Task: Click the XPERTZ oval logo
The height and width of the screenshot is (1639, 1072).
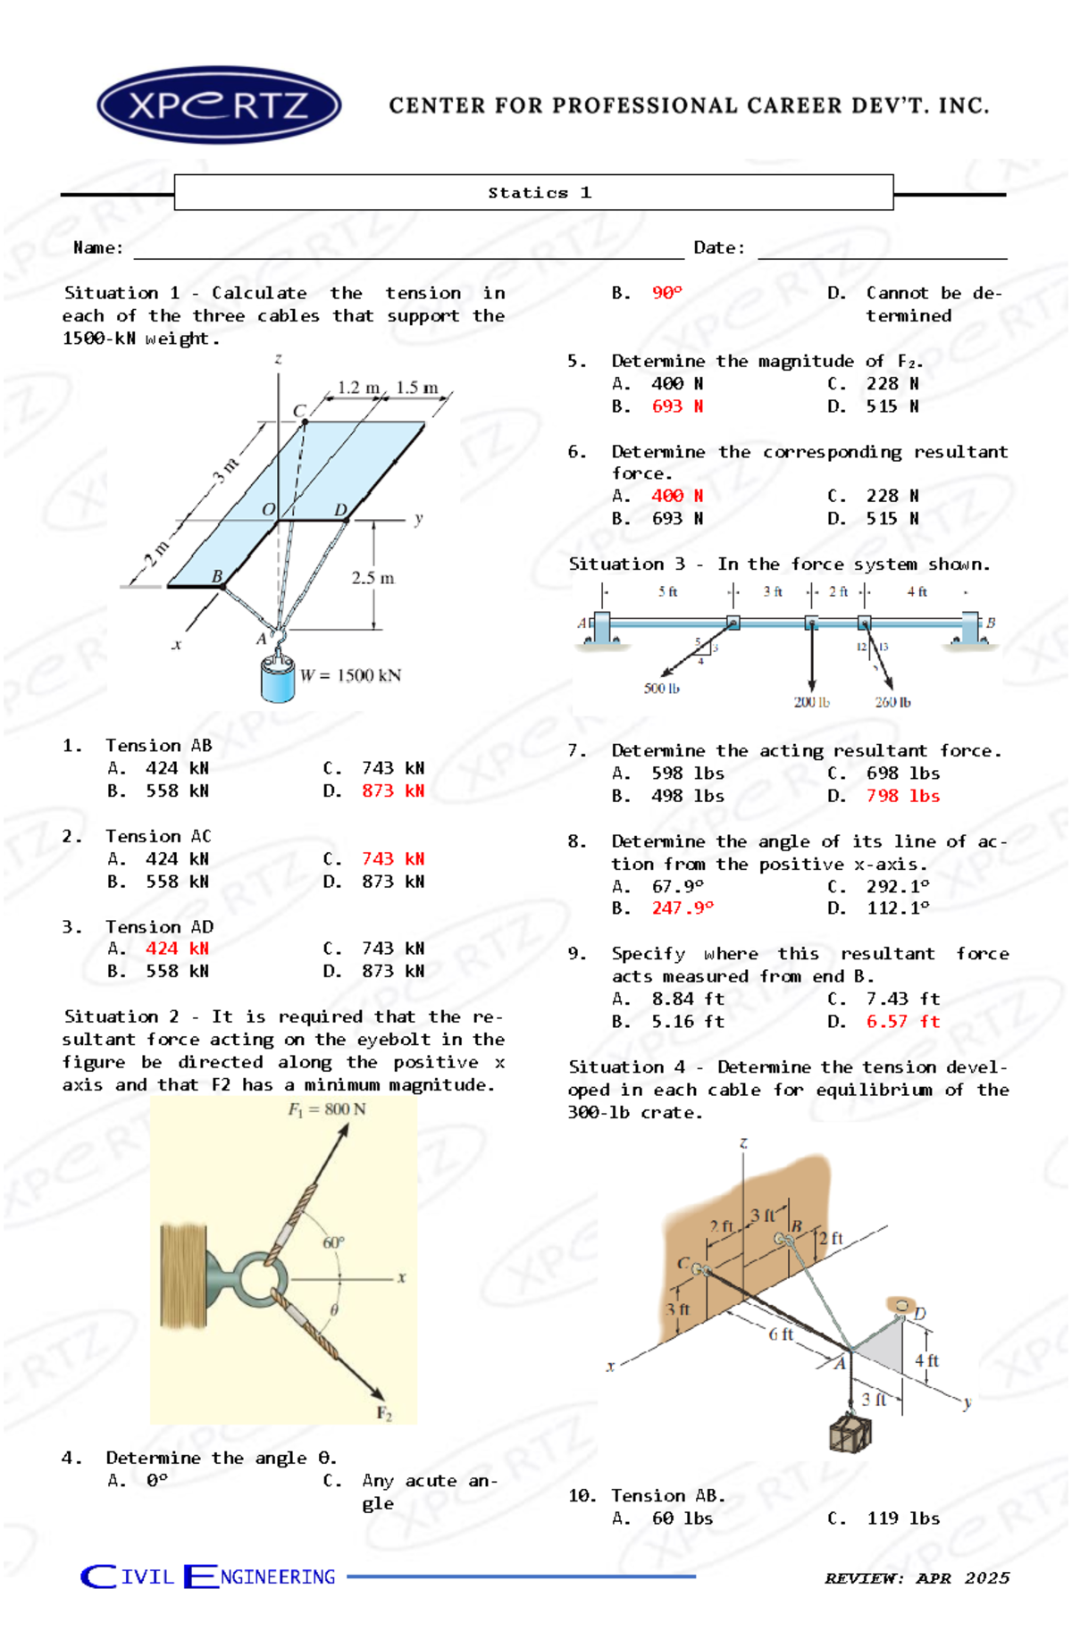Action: coord(219,105)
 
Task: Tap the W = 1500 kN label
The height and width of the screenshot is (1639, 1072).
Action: coord(350,675)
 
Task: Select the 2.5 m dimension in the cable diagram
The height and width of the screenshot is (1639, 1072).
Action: coord(373,578)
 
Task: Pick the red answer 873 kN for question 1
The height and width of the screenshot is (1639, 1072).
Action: coord(392,790)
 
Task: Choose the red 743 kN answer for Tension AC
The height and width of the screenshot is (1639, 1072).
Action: coord(392,858)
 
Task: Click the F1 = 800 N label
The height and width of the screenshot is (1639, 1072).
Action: coord(326,1109)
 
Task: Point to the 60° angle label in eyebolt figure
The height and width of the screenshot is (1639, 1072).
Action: coord(333,1242)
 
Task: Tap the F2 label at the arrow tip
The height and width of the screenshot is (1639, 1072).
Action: coord(384,1413)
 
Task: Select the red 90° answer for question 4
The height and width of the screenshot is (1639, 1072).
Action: coord(666,293)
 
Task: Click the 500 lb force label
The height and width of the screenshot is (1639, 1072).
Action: coord(661,689)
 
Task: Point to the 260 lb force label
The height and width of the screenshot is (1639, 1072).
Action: coord(892,702)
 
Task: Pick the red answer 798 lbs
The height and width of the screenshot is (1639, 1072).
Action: coord(902,796)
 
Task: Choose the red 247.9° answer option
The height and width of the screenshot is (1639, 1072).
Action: coord(683,908)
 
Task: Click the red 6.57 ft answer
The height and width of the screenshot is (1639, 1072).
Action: coord(902,1022)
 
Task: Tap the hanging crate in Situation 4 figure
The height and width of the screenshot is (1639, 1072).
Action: coord(850,1433)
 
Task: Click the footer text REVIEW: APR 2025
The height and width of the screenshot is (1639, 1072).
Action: coord(917,1578)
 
